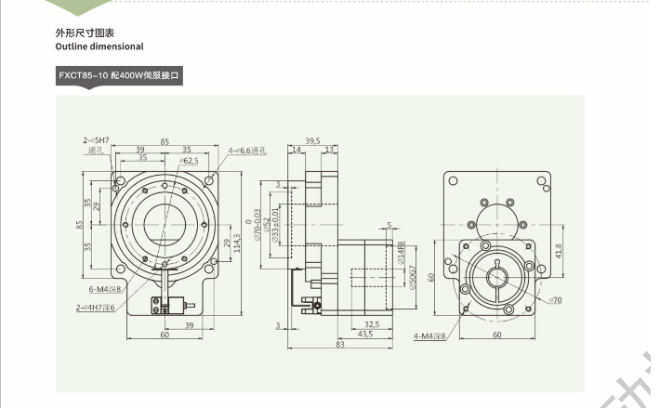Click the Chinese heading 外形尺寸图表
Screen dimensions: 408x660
click(x=85, y=33)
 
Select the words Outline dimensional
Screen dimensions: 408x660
click(x=99, y=46)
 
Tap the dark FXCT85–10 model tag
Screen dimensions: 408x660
click(x=120, y=76)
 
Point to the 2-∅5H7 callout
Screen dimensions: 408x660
click(x=95, y=140)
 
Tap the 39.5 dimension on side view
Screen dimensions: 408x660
click(x=313, y=141)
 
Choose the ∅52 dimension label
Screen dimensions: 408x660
click(x=268, y=227)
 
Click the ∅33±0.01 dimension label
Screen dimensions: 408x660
click(x=276, y=227)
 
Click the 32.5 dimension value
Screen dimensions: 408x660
click(x=371, y=324)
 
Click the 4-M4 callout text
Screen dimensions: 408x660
click(x=429, y=336)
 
